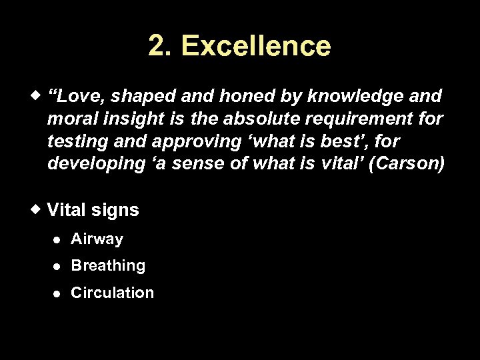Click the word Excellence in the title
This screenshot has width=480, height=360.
[x=256, y=46]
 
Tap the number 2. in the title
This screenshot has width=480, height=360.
[x=160, y=46]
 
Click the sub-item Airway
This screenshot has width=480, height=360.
[x=97, y=239]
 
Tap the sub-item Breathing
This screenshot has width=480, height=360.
[x=108, y=265]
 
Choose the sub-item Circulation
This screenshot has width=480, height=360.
[x=112, y=293]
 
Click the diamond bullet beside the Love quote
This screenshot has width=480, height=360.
[x=37, y=95]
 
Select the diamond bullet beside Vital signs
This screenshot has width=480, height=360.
[x=37, y=209]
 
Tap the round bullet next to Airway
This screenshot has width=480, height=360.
[x=58, y=239]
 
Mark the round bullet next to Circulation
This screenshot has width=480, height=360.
[x=58, y=293]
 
